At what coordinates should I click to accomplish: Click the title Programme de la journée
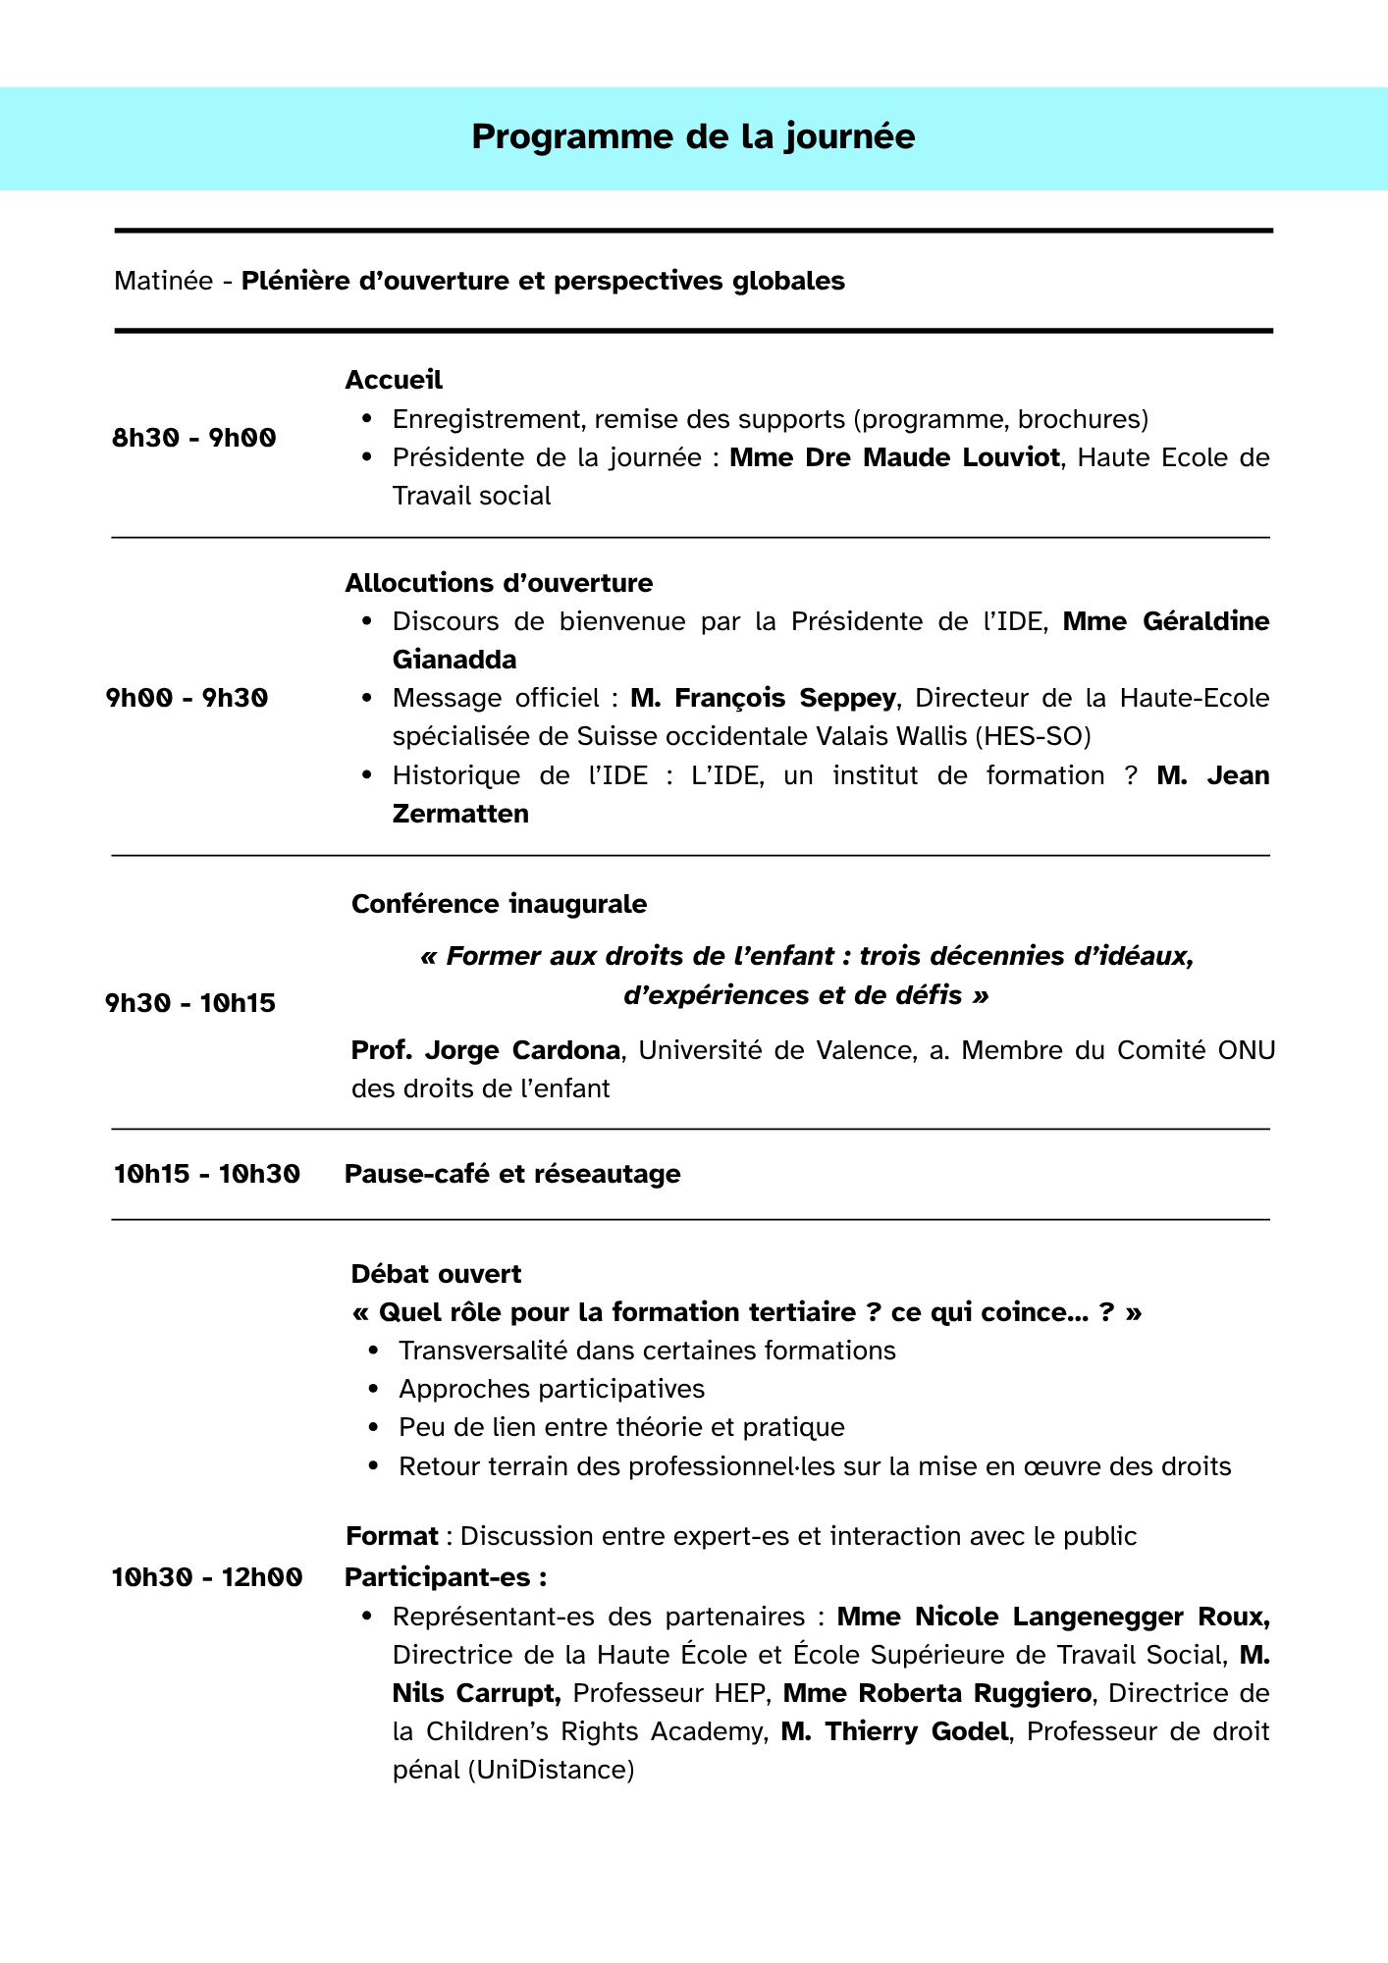693,136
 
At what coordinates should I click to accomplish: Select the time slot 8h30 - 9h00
194,438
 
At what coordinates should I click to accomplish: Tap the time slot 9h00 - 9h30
187,698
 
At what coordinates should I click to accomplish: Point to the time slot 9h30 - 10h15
190,1003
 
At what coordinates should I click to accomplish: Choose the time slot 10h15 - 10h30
207,1174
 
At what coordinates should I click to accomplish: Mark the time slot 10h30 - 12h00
207,1577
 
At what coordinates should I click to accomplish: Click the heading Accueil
394,380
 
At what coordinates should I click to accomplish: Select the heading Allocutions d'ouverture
499,583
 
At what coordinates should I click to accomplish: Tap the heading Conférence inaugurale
499,904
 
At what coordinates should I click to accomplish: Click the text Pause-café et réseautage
512,1174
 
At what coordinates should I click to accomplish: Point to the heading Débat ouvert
436,1274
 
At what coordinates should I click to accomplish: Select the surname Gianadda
454,660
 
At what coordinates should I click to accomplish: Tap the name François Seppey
763,698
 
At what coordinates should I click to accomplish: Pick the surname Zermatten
460,814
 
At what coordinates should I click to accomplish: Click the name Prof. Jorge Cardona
486,1050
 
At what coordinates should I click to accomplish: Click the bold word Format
392,1536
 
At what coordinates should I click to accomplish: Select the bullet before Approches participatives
373,1390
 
